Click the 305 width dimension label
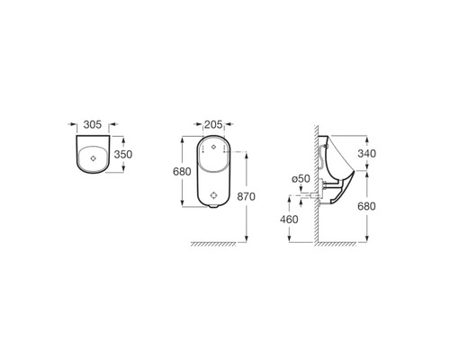point(93,124)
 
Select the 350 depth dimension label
point(123,155)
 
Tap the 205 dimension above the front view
point(213,124)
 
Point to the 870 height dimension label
point(246,196)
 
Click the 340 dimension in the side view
point(366,154)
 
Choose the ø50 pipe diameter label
point(301,179)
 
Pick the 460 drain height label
point(289,220)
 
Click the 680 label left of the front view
point(182,172)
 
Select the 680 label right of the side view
point(366,206)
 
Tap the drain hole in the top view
point(94,158)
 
